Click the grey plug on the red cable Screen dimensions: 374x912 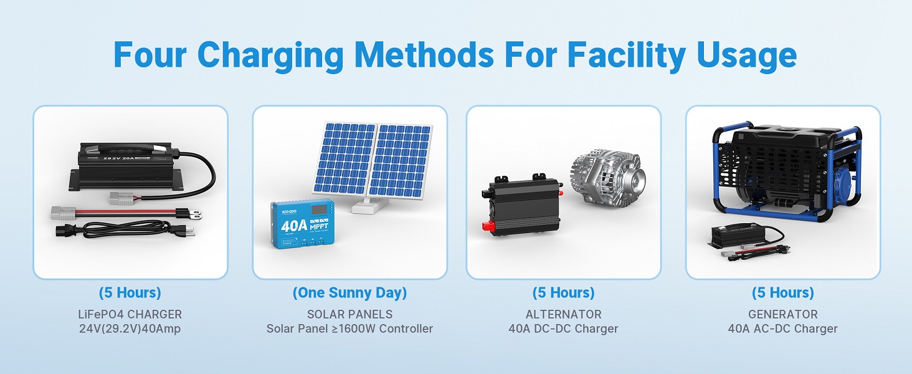tap(66, 213)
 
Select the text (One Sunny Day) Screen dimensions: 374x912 tap(349, 293)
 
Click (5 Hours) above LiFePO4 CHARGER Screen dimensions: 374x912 tap(130, 293)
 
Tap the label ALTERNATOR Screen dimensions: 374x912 tap(563, 314)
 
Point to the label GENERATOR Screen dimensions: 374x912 tap(782, 314)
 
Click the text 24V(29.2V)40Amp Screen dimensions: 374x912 tap(130, 329)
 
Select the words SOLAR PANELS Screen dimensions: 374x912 tap(349, 314)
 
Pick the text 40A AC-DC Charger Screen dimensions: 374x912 tap(782, 329)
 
